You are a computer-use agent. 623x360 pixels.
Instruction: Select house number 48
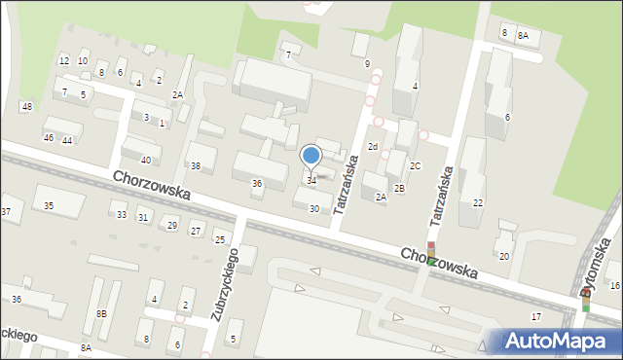[26, 106]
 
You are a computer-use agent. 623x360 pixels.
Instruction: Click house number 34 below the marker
[311, 180]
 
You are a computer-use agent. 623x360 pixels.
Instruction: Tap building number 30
[313, 208]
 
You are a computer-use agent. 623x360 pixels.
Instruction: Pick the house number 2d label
[372, 146]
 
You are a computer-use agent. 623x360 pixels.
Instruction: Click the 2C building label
[415, 165]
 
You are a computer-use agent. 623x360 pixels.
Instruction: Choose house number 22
[477, 202]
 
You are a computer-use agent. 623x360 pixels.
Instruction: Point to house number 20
[503, 256]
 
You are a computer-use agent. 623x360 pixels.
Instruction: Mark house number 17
[535, 317]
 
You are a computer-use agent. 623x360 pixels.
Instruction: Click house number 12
[63, 60]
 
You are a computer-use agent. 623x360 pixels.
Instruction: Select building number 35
[49, 205]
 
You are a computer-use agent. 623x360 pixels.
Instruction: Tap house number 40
[146, 160]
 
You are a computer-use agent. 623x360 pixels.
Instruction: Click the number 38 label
[195, 165]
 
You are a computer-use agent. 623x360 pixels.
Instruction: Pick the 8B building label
[101, 313]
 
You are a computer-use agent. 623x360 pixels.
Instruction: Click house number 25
[220, 239]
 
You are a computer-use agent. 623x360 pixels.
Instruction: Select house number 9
[367, 63]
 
